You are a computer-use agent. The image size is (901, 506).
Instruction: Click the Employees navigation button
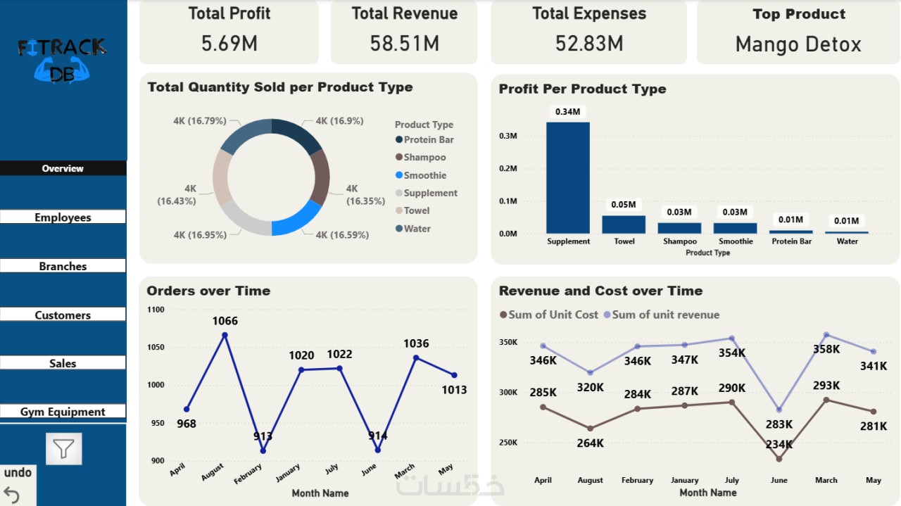(x=63, y=217)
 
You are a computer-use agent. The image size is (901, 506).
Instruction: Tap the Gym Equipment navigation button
(x=63, y=412)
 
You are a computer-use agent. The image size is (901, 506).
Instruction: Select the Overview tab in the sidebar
(x=63, y=168)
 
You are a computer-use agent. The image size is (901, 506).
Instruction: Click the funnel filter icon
(x=64, y=448)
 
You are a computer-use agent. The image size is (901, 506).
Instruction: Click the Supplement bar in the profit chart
(x=568, y=177)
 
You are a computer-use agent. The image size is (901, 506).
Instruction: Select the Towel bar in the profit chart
(x=624, y=224)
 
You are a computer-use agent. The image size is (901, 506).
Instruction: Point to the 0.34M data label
(x=568, y=111)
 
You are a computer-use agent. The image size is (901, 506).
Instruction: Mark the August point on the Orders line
(x=225, y=336)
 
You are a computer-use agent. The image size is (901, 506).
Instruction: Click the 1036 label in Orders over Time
(x=416, y=343)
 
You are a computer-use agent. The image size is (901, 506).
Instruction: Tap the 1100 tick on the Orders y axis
(x=156, y=310)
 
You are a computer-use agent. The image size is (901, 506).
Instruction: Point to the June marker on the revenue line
(x=779, y=410)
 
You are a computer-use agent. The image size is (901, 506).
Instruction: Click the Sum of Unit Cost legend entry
(x=549, y=315)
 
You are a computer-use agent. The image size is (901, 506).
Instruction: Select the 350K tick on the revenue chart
(x=508, y=342)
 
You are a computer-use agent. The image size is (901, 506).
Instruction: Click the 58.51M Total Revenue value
(x=405, y=44)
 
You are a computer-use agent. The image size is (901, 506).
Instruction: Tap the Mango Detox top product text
(x=798, y=44)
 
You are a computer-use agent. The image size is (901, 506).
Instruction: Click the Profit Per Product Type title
(x=582, y=89)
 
